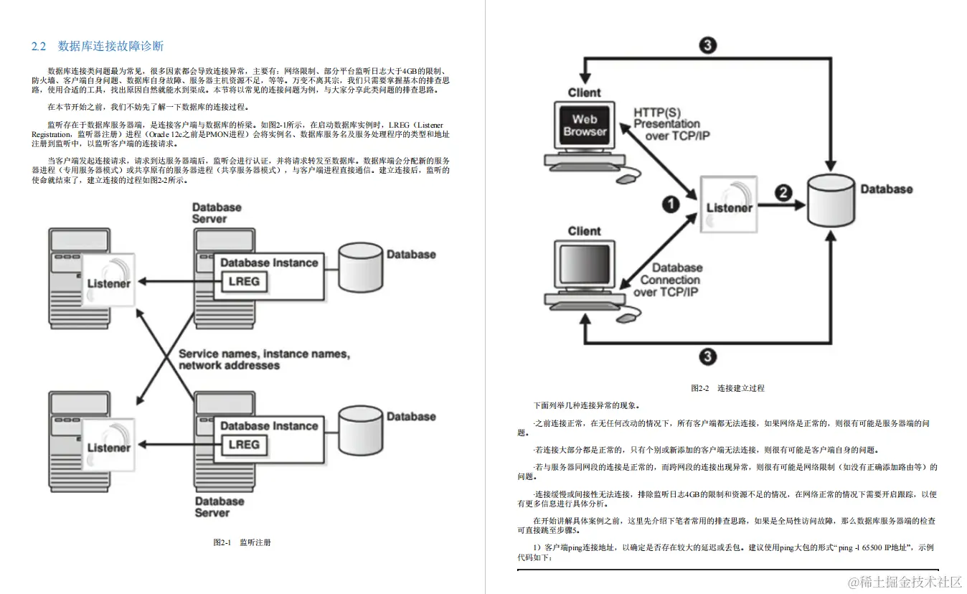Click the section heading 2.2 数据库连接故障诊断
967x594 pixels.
pos(98,47)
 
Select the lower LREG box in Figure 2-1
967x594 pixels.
pos(243,444)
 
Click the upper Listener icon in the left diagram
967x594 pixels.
pos(108,281)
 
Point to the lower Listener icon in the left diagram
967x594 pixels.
pos(108,445)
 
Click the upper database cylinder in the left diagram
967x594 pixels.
pos(359,267)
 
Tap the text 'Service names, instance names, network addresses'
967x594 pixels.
pos(263,359)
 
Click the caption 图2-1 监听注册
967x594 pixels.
pos(242,542)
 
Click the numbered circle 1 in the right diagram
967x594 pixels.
pos(670,205)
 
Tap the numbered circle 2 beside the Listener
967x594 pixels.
pos(783,192)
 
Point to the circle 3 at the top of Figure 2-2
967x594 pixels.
pos(707,46)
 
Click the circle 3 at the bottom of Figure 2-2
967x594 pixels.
pos(707,356)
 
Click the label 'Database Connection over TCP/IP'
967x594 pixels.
pos(668,280)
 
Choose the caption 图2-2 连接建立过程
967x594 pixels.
pos(727,388)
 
